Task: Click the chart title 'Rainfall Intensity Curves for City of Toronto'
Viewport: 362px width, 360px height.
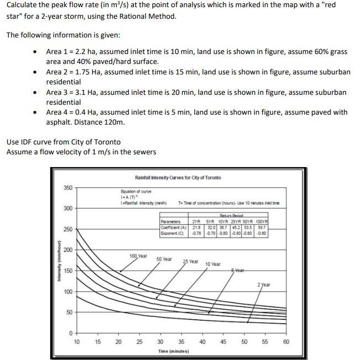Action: coord(178,178)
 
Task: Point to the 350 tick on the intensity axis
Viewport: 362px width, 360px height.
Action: coord(68,188)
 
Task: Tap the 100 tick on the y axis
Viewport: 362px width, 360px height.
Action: coord(68,292)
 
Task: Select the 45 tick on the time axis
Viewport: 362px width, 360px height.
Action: coord(223,342)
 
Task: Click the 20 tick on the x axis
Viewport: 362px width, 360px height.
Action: coord(118,342)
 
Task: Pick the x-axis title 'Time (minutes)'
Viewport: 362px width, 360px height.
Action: coord(173,351)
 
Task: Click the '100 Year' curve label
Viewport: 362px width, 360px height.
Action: coord(138,256)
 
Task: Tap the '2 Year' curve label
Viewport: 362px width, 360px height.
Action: coord(264,284)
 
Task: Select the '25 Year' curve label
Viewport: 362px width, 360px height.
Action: coord(191,261)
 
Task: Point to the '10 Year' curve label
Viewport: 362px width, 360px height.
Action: coord(212,265)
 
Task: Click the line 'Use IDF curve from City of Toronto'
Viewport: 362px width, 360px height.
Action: coord(63,142)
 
